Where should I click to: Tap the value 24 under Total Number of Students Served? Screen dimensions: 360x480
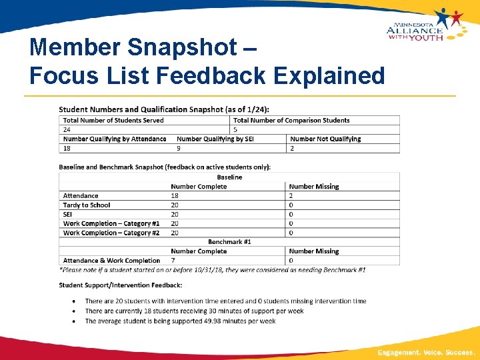(67, 129)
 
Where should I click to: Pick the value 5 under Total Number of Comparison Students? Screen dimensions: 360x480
(235, 129)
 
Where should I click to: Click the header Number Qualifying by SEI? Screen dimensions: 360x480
(215, 139)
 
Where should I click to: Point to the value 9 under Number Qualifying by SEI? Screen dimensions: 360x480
(179, 148)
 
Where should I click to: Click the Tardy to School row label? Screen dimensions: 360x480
(87, 205)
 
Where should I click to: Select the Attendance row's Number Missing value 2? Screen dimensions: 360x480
(291, 196)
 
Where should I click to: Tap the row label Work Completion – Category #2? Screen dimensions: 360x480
(111, 233)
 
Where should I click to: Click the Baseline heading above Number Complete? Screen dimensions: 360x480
(229, 177)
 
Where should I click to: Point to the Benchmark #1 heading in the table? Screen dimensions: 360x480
(229, 242)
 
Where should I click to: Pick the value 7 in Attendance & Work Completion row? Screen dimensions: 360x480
(173, 261)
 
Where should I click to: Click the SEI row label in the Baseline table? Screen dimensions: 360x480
(67, 215)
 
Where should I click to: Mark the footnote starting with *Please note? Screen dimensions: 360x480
(212, 269)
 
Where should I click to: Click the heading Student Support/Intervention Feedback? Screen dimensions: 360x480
(120, 285)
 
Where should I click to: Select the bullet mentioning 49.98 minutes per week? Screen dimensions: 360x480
(180, 321)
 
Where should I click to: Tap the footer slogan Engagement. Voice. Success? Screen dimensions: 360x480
(426, 351)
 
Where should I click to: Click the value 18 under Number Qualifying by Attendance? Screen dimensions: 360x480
(67, 148)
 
